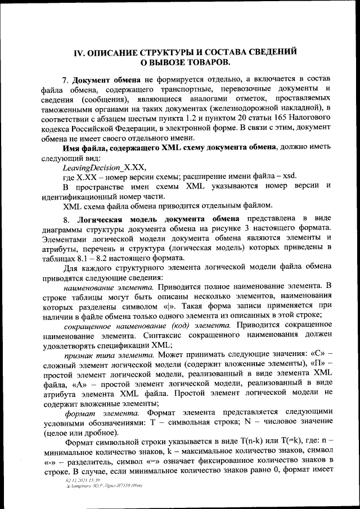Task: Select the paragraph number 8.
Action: pyautogui.click(x=66, y=218)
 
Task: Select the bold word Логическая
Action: pyautogui.click(x=101, y=218)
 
